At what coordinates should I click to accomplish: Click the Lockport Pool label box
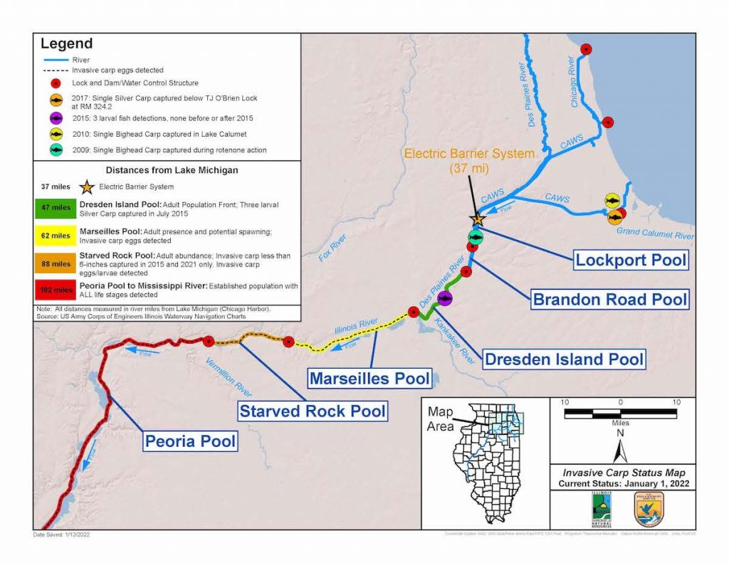coord(631,259)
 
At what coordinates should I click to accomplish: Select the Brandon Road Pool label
coord(611,298)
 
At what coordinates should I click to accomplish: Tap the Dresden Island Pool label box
coord(564,359)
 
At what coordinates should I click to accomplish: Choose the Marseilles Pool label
coord(369,378)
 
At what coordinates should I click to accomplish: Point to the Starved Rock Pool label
coord(313,411)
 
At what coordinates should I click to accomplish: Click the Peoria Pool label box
coord(190,441)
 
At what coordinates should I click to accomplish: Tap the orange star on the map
coord(477,221)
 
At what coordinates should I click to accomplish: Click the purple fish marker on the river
coord(445,298)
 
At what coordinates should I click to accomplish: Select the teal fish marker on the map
coord(475,236)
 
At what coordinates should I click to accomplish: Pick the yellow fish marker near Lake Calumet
coord(612,200)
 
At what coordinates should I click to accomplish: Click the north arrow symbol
coord(619,448)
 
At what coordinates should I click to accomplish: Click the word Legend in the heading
coord(68,44)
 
